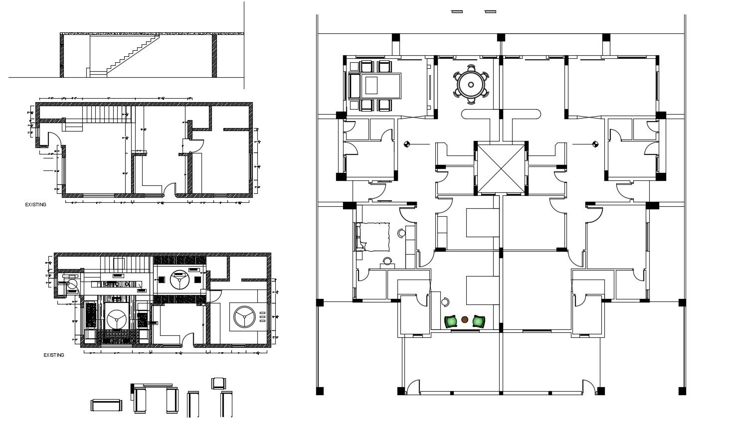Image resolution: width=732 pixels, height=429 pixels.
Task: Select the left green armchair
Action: pos(452,321)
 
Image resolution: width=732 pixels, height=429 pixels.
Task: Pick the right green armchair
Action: pos(479,321)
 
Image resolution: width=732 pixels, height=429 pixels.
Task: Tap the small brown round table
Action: pos(465,320)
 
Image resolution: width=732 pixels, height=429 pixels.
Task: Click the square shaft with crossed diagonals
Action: pos(500,167)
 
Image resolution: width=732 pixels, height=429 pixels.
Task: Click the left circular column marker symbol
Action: pos(407,144)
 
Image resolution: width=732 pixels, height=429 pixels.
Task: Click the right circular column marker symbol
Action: pos(594,144)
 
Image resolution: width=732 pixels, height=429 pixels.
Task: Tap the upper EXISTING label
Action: pos(35,205)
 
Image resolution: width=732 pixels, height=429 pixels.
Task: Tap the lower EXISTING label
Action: pos(53,355)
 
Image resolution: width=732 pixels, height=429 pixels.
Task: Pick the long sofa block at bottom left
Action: pos(106,406)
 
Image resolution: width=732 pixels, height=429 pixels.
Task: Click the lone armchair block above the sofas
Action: pos(218,383)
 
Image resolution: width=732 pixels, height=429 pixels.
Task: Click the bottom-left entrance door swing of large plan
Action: pos(412,387)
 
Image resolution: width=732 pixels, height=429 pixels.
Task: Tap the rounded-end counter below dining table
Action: pos(501,114)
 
